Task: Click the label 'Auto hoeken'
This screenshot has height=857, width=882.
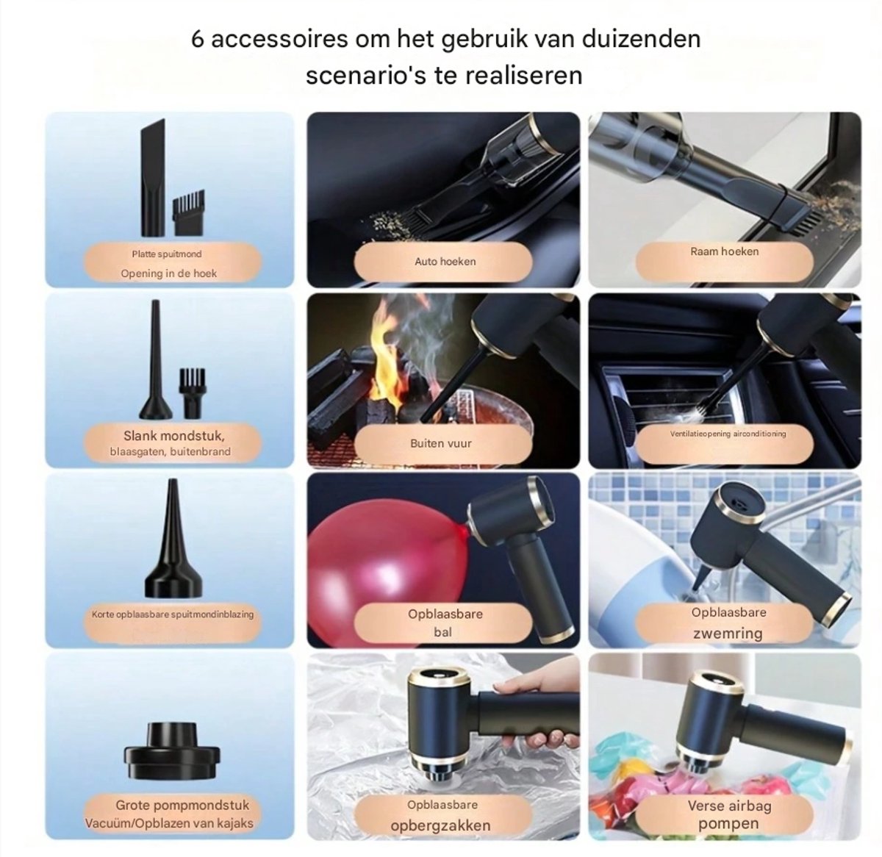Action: pos(445,262)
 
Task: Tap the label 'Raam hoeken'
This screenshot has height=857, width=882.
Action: pos(724,251)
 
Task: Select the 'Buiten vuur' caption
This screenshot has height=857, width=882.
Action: pos(441,443)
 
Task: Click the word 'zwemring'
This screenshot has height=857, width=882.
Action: pos(728,633)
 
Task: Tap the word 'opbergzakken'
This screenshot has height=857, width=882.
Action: pos(440,825)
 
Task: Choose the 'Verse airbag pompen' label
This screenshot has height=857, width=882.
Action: pos(728,814)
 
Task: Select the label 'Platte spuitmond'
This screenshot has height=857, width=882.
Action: pos(167,254)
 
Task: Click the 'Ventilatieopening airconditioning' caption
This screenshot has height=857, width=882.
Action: pos(728,434)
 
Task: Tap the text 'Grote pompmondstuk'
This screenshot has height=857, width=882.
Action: pos(182,805)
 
